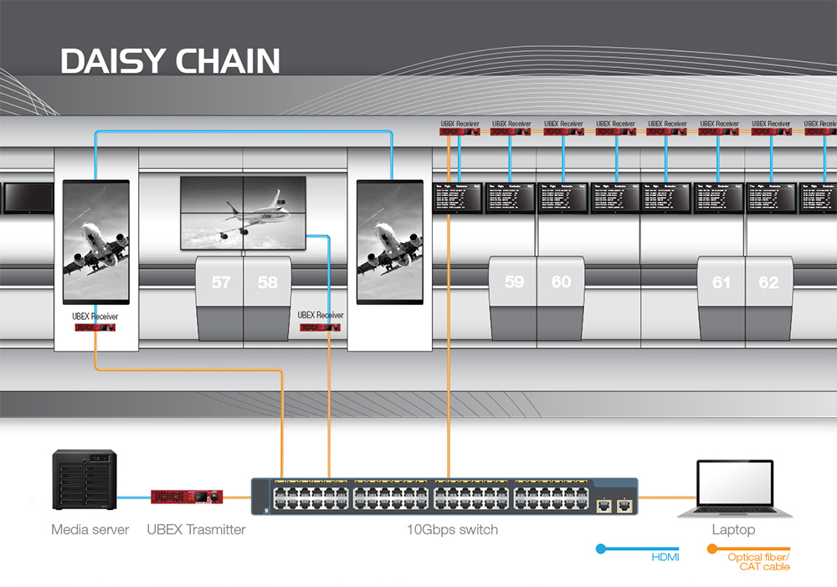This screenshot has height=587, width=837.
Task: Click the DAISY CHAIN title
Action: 170,61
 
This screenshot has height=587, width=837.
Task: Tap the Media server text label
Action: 90,529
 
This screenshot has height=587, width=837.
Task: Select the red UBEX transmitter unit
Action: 187,497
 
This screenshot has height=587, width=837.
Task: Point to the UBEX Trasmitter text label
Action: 197,529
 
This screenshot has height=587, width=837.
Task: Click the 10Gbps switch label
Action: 452,529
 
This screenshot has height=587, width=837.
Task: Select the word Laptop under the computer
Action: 733,529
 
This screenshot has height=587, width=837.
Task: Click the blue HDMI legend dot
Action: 600,549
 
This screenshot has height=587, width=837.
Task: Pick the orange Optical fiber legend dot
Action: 712,549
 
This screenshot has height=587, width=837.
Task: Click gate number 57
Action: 221,283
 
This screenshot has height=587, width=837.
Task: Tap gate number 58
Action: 268,283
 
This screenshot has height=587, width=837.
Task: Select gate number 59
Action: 514,282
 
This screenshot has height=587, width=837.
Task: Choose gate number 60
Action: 561,282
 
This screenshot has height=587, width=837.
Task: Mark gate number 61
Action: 721,283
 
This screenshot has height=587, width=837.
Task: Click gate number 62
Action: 768,283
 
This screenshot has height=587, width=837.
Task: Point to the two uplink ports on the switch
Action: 613,505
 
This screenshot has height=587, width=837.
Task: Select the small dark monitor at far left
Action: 28,198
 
